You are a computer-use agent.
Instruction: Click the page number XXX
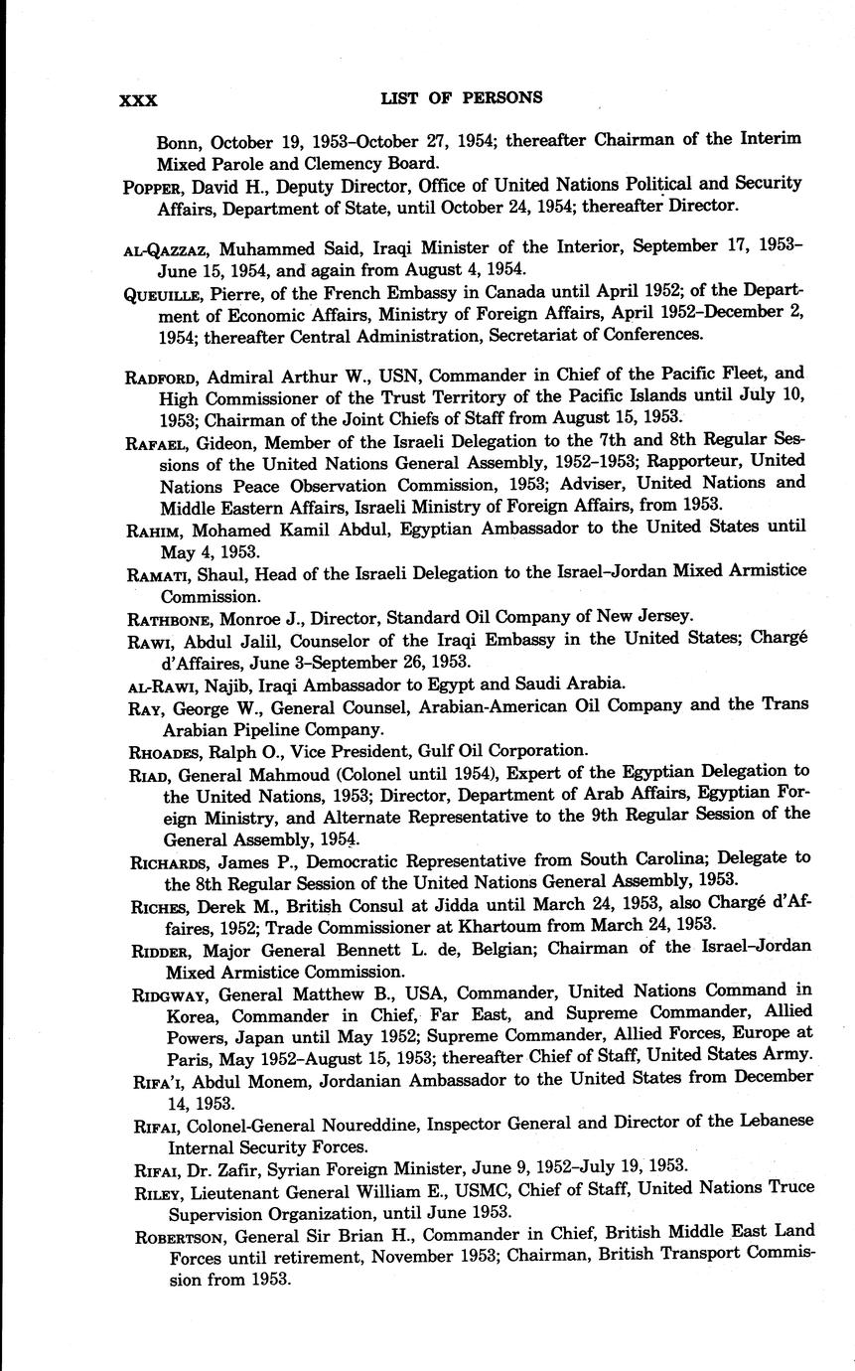pyautogui.click(x=138, y=99)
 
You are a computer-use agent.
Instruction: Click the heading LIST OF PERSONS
pyautogui.click(x=461, y=97)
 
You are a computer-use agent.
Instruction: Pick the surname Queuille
pyautogui.click(x=163, y=292)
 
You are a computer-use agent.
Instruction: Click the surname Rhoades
pyautogui.click(x=165, y=751)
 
